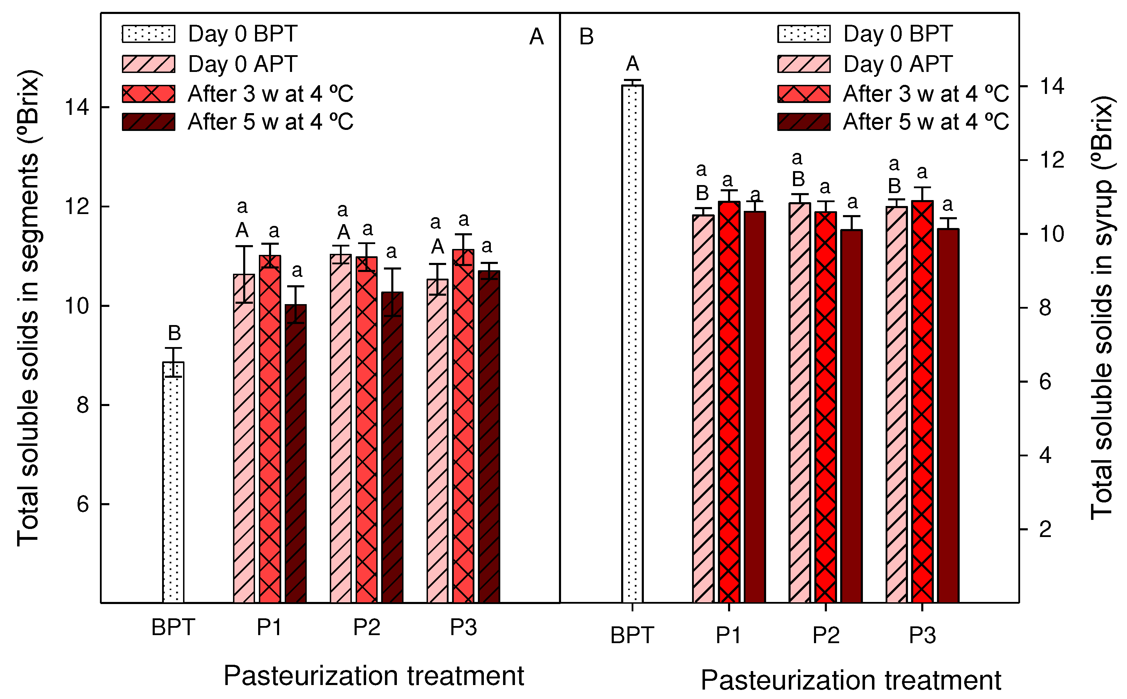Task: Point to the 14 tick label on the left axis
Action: coord(76,107)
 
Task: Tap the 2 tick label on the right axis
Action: coord(1045,529)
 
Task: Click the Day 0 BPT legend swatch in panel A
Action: coord(148,34)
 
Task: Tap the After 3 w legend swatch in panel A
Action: coord(148,94)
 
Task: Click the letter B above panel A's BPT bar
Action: coord(174,333)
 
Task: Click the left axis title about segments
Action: coord(29,308)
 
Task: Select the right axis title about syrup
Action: coord(1102,308)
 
